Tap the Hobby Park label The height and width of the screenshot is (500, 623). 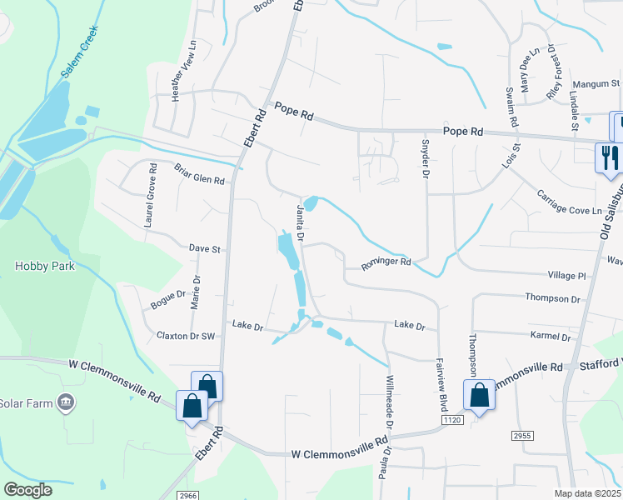click(x=45, y=267)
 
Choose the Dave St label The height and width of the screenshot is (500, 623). click(x=204, y=248)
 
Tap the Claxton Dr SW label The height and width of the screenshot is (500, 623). click(x=186, y=335)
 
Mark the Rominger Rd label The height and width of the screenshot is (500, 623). click(x=386, y=263)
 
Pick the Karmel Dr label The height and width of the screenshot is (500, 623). click(x=551, y=337)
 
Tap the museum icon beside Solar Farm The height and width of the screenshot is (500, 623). click(x=65, y=403)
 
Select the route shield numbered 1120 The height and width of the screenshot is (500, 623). click(x=452, y=421)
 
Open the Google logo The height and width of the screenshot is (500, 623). click(x=28, y=490)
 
